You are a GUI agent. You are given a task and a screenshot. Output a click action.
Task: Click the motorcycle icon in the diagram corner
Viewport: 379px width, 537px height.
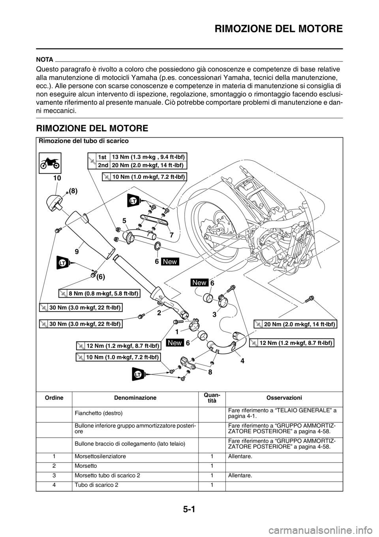50,163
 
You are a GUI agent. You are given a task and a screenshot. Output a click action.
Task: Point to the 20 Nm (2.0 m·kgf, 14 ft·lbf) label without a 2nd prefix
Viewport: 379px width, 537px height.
295,324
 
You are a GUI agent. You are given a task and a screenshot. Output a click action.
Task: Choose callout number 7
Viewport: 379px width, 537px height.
172,234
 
